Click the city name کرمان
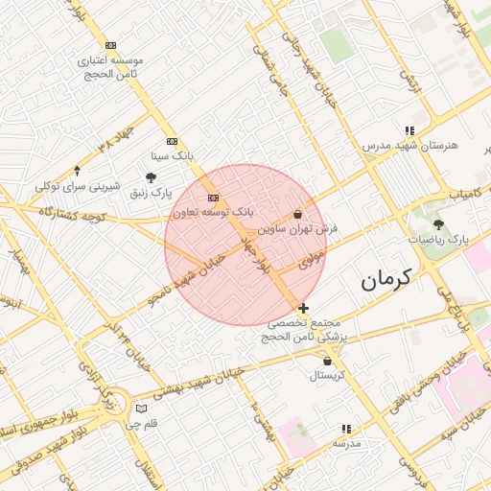(386, 280)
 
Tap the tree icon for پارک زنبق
(151, 177)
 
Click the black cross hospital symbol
(304, 308)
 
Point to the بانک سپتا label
(174, 154)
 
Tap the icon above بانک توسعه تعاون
(213, 198)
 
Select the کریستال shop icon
(329, 362)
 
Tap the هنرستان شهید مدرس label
(410, 145)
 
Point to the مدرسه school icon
(346, 429)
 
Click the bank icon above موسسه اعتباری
(112, 45)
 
